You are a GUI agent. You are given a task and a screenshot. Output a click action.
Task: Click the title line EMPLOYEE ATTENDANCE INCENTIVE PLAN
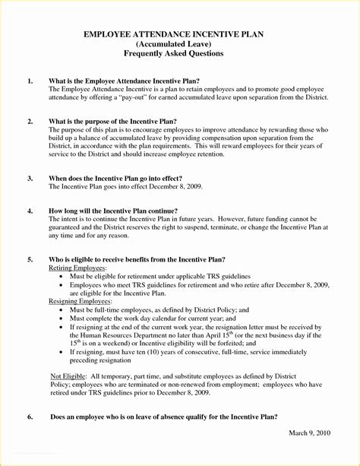(180, 35)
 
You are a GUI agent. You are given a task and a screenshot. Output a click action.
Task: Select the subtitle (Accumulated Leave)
(180, 45)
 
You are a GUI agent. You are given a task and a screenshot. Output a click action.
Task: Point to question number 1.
(30, 81)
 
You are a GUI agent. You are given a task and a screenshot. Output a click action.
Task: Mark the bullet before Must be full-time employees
(62, 311)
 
